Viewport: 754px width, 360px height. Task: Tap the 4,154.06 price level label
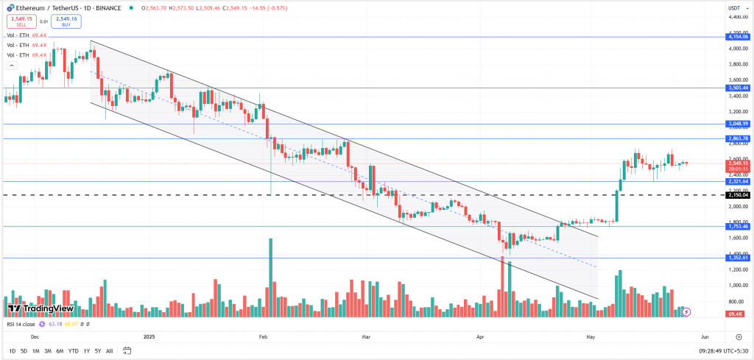[x=737, y=36]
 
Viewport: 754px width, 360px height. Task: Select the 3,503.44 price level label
[x=737, y=88]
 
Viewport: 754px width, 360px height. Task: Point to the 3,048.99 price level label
[x=737, y=124]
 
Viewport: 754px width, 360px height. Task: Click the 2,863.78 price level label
[x=737, y=138]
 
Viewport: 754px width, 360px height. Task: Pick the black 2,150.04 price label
[x=737, y=195]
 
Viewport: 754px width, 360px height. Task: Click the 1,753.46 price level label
[x=737, y=227]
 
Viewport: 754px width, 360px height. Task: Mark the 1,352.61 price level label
[x=737, y=258]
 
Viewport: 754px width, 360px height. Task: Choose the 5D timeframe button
[x=24, y=351]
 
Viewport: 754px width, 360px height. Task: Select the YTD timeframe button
[x=74, y=351]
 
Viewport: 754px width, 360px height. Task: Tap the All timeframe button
[x=110, y=351]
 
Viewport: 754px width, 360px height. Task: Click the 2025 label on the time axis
[x=149, y=336]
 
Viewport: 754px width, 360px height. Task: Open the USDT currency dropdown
[x=733, y=8]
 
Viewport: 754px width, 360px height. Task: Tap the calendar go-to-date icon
[x=123, y=351]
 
